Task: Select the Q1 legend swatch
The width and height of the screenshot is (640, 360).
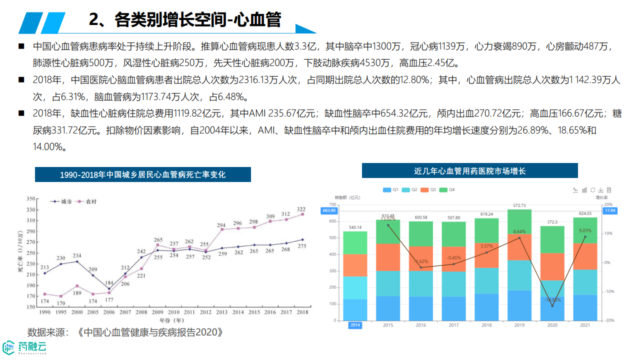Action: [386, 190]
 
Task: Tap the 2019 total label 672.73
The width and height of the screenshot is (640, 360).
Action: [519, 205]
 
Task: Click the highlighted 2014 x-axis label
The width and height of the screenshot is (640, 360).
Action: [355, 325]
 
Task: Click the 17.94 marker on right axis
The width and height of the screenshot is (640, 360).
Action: [610, 211]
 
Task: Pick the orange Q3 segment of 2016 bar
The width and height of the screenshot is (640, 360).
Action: [421, 258]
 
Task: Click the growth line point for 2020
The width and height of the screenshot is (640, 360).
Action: [552, 306]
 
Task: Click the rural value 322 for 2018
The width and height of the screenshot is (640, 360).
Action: [301, 209]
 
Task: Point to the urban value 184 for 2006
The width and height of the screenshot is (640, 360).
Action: [109, 283]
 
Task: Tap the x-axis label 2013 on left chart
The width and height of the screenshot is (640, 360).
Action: [221, 312]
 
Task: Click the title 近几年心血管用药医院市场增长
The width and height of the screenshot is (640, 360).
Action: [470, 170]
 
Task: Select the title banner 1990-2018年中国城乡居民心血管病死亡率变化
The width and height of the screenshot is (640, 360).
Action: [142, 174]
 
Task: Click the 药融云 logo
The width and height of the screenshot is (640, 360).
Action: [25, 346]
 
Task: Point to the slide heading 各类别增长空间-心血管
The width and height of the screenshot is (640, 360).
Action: [185, 20]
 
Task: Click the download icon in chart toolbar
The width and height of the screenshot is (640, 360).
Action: [600, 190]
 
